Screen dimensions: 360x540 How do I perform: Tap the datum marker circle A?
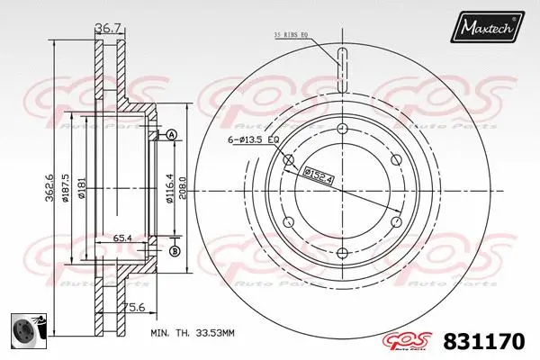click(x=171, y=135)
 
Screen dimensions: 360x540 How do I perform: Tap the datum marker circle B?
click(x=175, y=250)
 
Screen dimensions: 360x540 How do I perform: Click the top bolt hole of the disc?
click(x=342, y=131)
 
